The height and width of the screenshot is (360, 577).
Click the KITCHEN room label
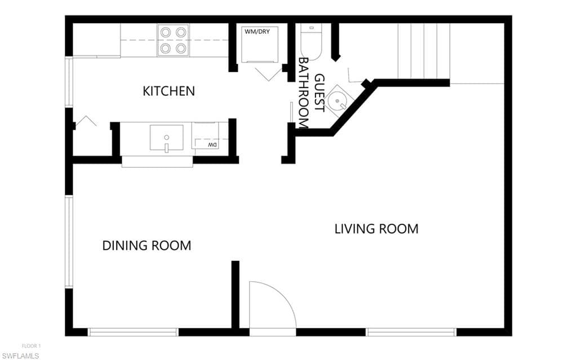(x=168, y=91)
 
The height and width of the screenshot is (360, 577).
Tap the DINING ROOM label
(x=147, y=246)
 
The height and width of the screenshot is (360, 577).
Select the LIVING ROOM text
(x=376, y=229)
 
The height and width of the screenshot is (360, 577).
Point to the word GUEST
(x=320, y=93)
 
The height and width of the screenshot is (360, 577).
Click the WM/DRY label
(x=257, y=32)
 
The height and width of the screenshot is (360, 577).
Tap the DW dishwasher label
(x=212, y=145)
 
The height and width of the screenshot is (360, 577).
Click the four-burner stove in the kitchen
(x=173, y=40)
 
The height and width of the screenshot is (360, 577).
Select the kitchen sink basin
(x=166, y=137)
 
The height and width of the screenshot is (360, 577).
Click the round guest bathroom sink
(x=338, y=101)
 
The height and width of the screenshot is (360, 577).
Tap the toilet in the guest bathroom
(x=311, y=41)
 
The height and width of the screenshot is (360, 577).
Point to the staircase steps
(x=424, y=51)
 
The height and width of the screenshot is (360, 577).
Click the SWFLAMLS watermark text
(x=20, y=356)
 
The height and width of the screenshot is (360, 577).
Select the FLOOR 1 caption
(x=32, y=346)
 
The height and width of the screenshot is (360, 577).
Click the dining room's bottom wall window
(x=133, y=332)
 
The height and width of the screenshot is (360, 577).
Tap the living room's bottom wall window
(x=411, y=332)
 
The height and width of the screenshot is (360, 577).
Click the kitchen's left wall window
(x=69, y=82)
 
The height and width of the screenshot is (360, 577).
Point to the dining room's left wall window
(x=69, y=242)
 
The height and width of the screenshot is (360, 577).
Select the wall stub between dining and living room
(x=236, y=295)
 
